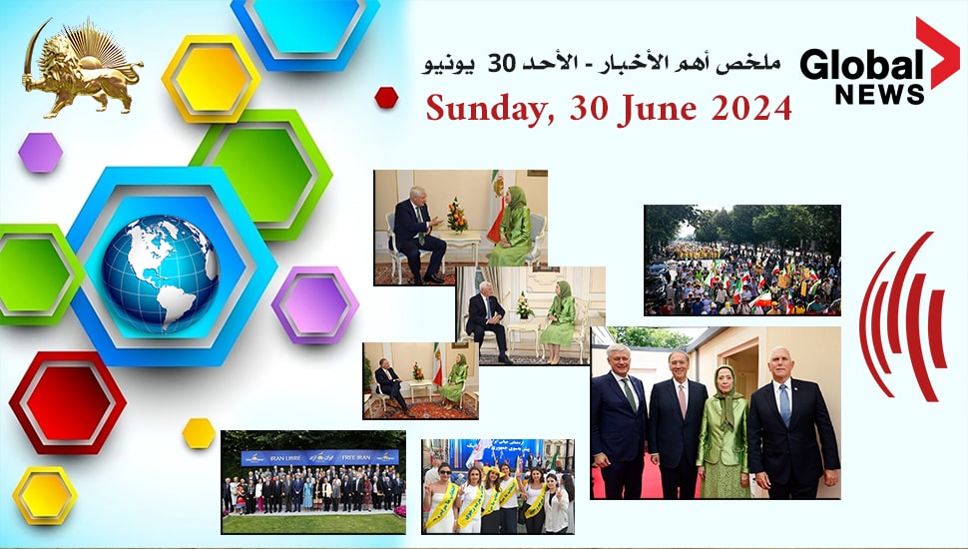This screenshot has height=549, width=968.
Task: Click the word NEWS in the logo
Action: click(879, 96)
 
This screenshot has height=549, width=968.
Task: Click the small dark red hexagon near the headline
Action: click(386, 97)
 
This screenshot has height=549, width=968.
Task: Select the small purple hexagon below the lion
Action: click(40, 153)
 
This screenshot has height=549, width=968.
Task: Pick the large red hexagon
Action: click(67, 401)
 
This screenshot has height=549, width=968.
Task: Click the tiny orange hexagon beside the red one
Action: click(199, 432)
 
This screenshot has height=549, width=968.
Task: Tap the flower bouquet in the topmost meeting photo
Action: click(457, 215)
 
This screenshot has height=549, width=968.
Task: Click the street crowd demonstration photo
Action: click(741, 260)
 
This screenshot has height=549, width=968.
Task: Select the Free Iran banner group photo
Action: click(313, 482)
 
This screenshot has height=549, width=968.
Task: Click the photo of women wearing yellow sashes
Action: click(497, 486)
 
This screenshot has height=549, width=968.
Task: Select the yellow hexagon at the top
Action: click(211, 78)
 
